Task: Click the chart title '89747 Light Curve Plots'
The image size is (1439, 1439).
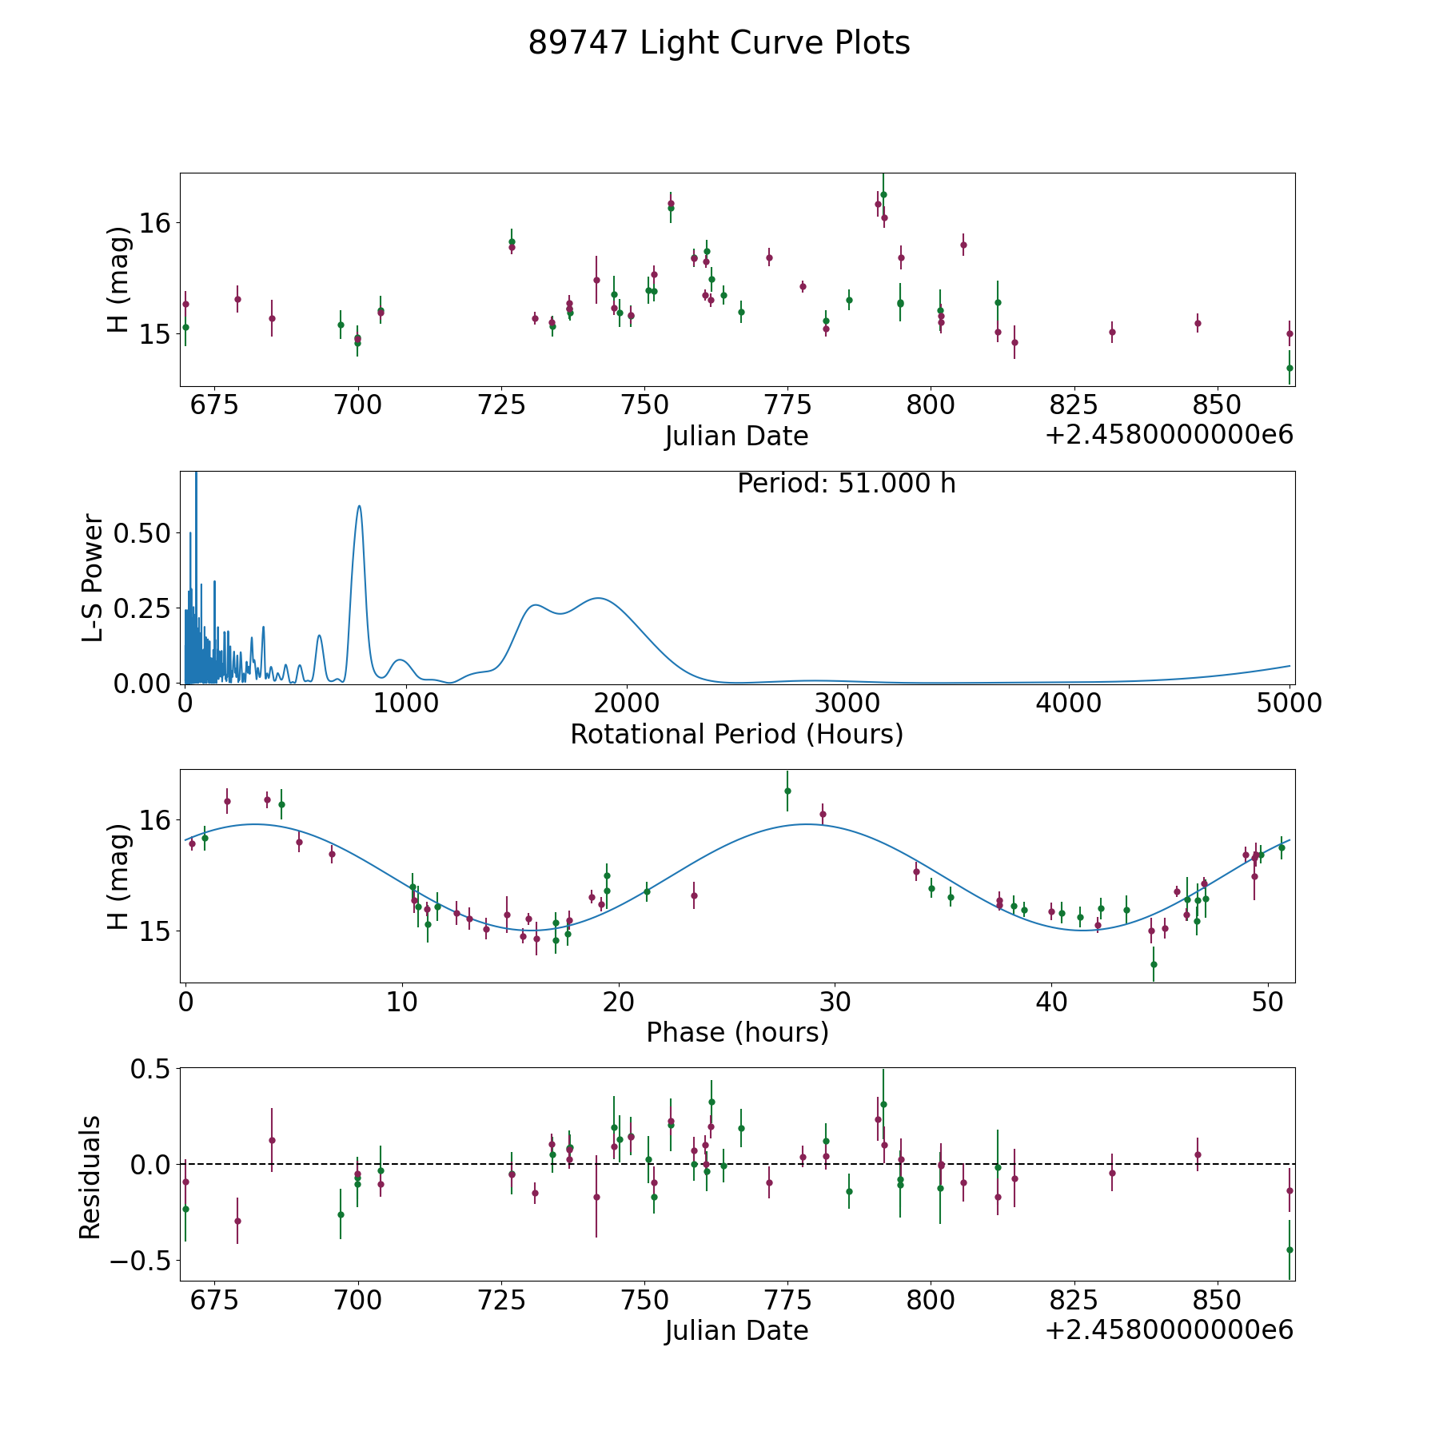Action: click(719, 43)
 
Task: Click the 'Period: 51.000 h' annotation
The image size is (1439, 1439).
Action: click(847, 484)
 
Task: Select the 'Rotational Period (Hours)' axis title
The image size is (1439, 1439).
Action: click(736, 734)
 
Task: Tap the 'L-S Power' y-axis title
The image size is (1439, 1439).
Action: click(94, 577)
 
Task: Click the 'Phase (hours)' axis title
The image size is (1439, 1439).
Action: click(737, 1032)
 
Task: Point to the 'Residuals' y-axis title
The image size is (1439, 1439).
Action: click(90, 1177)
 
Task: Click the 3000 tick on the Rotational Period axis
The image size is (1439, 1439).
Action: click(847, 703)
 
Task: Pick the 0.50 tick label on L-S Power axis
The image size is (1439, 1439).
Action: click(142, 533)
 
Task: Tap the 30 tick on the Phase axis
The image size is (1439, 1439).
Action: click(835, 1002)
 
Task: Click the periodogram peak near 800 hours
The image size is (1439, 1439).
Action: click(360, 506)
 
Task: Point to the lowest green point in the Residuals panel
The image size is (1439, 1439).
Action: click(1290, 1250)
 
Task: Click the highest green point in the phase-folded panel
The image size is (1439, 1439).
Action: click(787, 791)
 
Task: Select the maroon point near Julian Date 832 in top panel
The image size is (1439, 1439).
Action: click(1112, 332)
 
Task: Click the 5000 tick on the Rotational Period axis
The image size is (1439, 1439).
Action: click(1290, 703)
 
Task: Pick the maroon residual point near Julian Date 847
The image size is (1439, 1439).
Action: click(1198, 1154)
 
